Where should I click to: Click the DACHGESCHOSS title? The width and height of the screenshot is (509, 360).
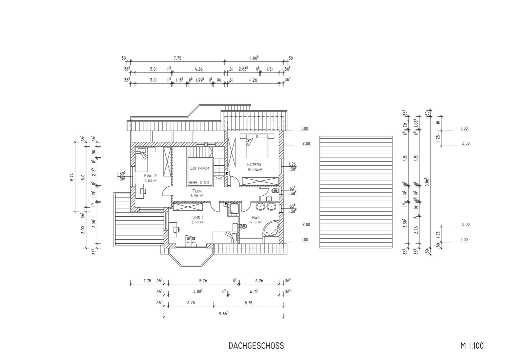tap(256, 346)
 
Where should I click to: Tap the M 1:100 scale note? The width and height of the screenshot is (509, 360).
tap(472, 346)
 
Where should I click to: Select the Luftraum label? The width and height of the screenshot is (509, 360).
tap(200, 168)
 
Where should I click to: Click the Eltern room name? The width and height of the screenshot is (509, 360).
tap(254, 164)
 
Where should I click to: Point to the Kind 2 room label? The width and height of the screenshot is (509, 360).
tap(150, 176)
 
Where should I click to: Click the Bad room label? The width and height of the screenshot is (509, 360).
tap(255, 218)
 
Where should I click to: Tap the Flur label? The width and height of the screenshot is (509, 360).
tap(197, 191)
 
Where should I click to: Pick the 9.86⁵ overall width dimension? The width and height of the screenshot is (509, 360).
tap(224, 314)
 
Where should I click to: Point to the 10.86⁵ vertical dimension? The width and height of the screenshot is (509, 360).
tap(426, 182)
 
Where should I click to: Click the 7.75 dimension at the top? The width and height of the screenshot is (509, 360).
tap(178, 58)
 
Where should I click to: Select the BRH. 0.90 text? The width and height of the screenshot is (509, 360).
tap(199, 183)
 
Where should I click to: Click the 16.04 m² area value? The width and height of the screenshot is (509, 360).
tap(255, 169)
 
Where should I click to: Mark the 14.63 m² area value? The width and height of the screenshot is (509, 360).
tap(150, 181)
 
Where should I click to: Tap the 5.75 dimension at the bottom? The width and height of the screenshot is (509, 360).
tap(249, 303)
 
